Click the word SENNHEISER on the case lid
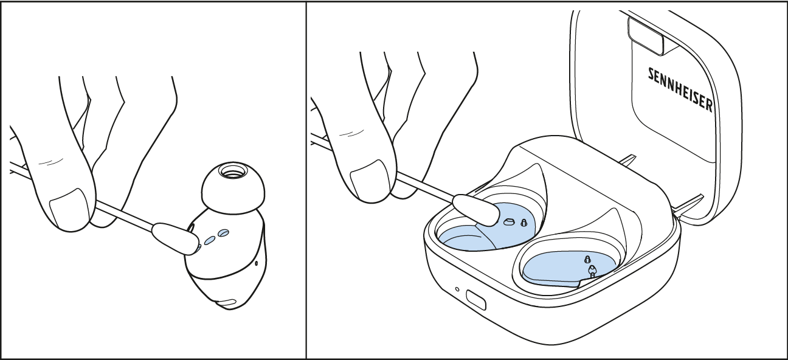(x=680, y=91)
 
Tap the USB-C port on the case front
(x=476, y=300)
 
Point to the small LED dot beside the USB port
(x=457, y=289)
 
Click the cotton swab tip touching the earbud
(x=175, y=238)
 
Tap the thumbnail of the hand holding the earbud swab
(x=69, y=209)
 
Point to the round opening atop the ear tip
(x=233, y=171)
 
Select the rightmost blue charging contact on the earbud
(x=223, y=233)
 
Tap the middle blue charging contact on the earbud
(x=210, y=240)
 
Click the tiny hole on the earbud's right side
(x=257, y=263)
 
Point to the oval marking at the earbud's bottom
(x=228, y=302)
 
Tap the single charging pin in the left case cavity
(x=524, y=223)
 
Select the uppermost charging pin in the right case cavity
(x=587, y=260)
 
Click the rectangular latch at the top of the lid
(x=646, y=36)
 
